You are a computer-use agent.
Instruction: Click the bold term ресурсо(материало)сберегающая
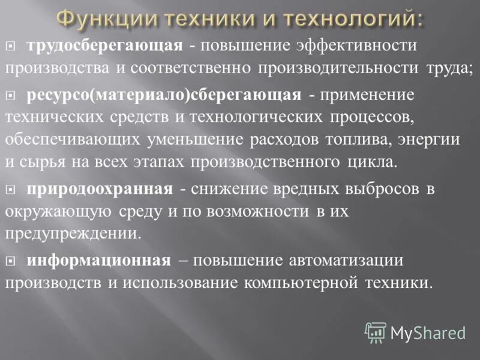(x=163, y=95)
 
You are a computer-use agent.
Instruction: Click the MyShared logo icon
(x=376, y=332)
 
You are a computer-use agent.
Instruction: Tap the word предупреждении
(x=73, y=233)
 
